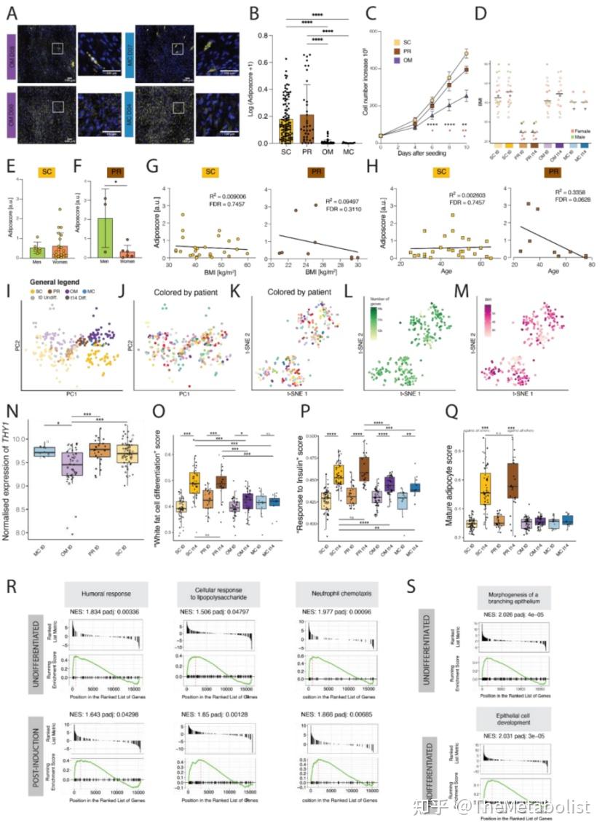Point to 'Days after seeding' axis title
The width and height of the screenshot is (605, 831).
click(x=417, y=152)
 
